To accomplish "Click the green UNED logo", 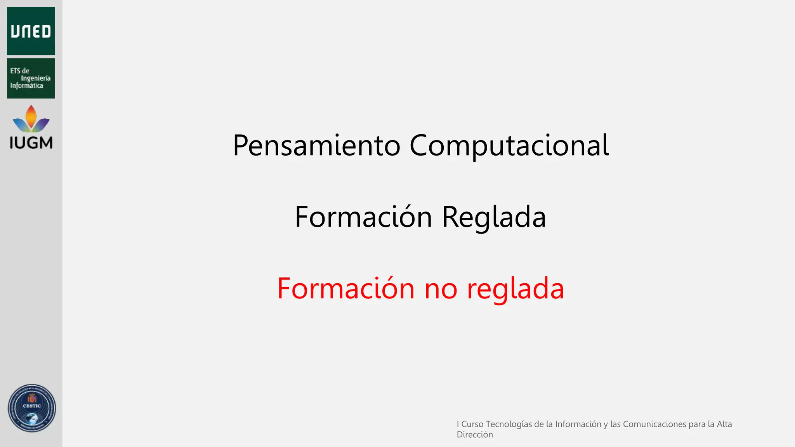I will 31,31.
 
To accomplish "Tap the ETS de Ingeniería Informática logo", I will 31,78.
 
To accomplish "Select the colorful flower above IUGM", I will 31,119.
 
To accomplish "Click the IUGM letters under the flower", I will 31,143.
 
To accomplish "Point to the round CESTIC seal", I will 32,408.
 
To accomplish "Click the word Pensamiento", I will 316,146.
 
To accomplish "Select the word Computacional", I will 509,146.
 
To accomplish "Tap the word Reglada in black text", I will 494,217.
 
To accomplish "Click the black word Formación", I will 363,217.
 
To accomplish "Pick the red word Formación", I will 346,289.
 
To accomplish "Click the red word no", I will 441,289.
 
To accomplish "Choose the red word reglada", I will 516,289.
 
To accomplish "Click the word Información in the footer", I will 578,424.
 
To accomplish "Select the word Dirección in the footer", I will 475,435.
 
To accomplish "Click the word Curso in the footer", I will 472,424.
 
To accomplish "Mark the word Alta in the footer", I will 724,424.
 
